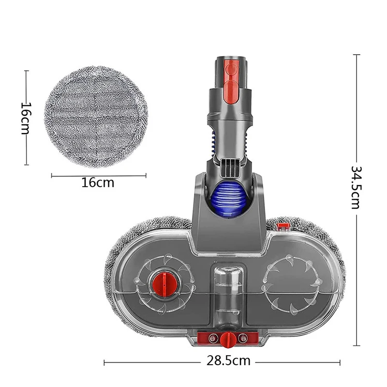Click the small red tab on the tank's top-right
[283, 226]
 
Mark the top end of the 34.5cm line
[357, 55]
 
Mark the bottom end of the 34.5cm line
[357, 345]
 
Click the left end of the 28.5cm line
[105, 361]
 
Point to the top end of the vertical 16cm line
[26, 71]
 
